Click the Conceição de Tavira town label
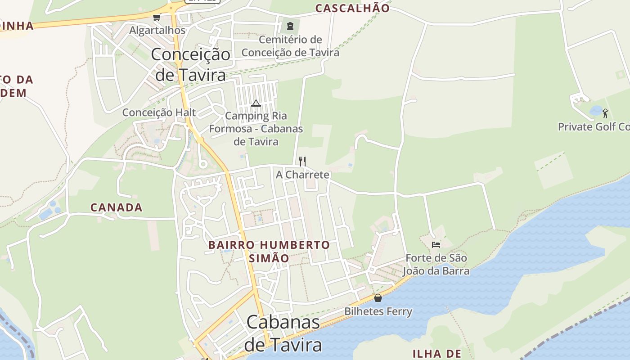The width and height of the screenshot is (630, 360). (190, 64)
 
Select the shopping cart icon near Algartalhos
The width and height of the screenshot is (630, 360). (157, 18)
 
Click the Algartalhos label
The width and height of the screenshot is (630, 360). (157, 31)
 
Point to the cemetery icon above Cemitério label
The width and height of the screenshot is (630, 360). (290, 26)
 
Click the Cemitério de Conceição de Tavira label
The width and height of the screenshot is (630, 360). (290, 46)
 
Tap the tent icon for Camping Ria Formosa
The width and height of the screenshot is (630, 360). (256, 103)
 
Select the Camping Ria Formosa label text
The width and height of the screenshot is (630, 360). (256, 129)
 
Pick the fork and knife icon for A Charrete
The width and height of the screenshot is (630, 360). (302, 161)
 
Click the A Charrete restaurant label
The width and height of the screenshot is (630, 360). (302, 175)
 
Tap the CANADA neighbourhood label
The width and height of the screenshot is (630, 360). (117, 207)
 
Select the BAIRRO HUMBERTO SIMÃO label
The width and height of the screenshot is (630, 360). (269, 252)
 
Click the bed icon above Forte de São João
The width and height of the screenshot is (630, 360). (436, 245)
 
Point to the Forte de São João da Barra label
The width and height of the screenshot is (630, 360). (436, 265)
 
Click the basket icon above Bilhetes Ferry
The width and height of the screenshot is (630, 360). (378, 298)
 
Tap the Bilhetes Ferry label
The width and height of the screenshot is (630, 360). (378, 311)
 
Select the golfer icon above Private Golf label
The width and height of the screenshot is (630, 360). (605, 113)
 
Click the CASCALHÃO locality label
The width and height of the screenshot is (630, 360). (352, 8)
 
